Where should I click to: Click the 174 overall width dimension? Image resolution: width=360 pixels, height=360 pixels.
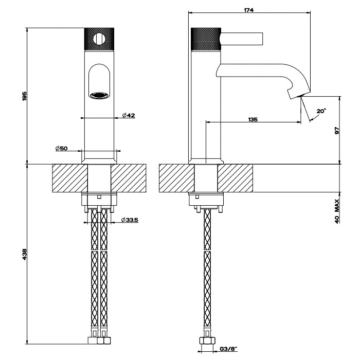click(x=250, y=10)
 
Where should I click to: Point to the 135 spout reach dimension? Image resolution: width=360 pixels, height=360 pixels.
click(x=253, y=119)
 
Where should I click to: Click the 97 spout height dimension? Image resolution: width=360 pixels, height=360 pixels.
click(x=337, y=131)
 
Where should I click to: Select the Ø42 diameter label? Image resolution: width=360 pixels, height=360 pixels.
click(x=129, y=115)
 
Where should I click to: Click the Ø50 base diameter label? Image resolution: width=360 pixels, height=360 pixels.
click(x=62, y=148)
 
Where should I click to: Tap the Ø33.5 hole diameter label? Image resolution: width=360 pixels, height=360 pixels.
click(x=130, y=220)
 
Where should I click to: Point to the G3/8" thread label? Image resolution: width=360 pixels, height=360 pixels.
click(x=228, y=349)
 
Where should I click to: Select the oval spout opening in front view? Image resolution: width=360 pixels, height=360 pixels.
click(x=99, y=81)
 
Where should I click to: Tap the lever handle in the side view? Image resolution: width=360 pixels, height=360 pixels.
click(x=242, y=39)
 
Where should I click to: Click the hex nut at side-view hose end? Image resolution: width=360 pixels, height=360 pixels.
click(x=206, y=340)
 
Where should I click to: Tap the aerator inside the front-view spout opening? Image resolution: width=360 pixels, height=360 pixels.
click(x=99, y=95)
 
